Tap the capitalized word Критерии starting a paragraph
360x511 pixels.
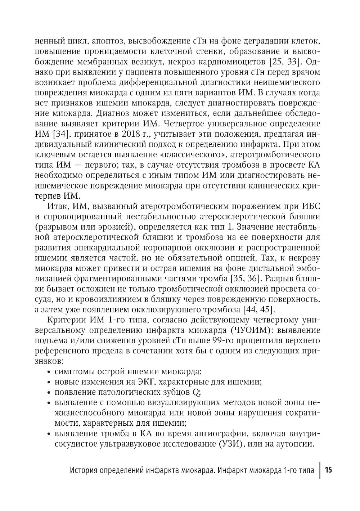click(66, 320)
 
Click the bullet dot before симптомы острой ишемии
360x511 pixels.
click(49, 371)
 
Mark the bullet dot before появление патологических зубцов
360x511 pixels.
click(49, 392)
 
